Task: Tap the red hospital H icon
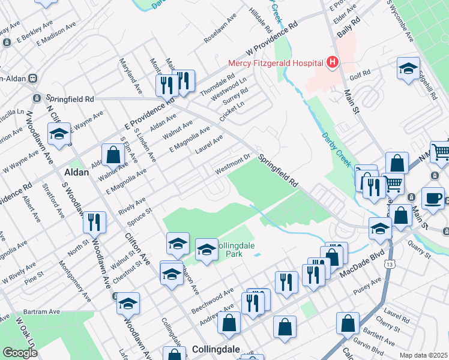click(x=331, y=62)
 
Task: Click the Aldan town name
click(x=76, y=172)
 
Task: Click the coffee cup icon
click(x=432, y=198)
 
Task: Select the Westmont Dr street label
click(x=234, y=166)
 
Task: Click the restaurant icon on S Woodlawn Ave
click(x=94, y=222)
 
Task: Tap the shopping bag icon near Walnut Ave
click(x=113, y=155)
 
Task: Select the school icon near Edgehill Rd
click(x=408, y=68)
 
